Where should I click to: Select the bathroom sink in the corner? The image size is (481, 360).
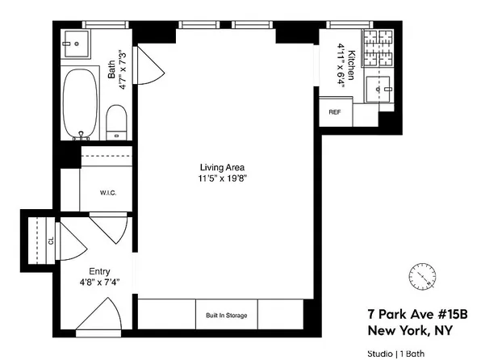(x=77, y=44)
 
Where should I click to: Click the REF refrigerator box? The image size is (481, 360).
(x=334, y=111)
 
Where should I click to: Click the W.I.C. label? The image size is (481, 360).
(x=110, y=192)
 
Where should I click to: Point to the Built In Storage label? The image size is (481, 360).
(x=226, y=315)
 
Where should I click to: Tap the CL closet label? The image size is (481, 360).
(x=51, y=241)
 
